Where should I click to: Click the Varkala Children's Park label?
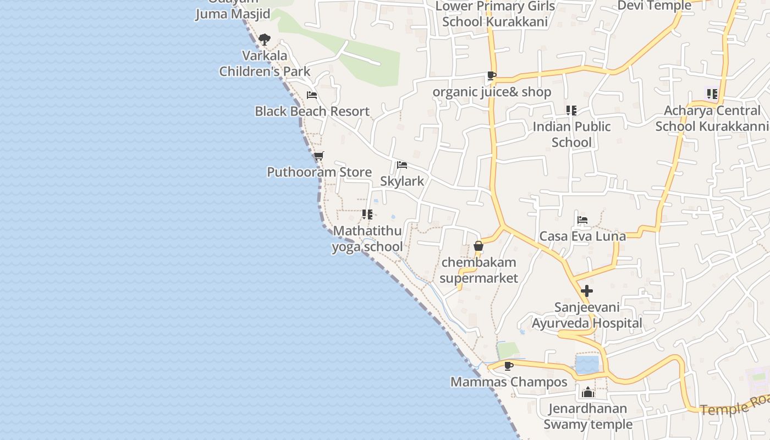point(265,63)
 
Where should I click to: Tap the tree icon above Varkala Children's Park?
point(265,39)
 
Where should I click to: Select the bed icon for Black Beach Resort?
point(312,95)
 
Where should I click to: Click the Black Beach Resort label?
point(312,111)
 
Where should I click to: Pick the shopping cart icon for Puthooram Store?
point(318,156)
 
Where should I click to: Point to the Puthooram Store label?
point(319,172)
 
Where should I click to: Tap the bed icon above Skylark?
point(402,165)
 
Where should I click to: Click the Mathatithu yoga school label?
point(367,239)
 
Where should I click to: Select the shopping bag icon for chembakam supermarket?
point(479,246)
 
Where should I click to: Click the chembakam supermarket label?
point(479,270)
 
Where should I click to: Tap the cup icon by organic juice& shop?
point(491,76)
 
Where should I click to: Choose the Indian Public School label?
point(571,134)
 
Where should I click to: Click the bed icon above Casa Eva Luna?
point(582,220)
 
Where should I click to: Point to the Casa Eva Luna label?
point(582,236)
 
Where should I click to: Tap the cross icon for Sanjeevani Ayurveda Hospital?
point(587,291)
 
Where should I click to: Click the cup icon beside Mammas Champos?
point(509,366)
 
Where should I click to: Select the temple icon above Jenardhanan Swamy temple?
point(588,392)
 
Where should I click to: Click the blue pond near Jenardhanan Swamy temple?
point(587,365)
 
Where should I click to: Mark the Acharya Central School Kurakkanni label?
point(712,118)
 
